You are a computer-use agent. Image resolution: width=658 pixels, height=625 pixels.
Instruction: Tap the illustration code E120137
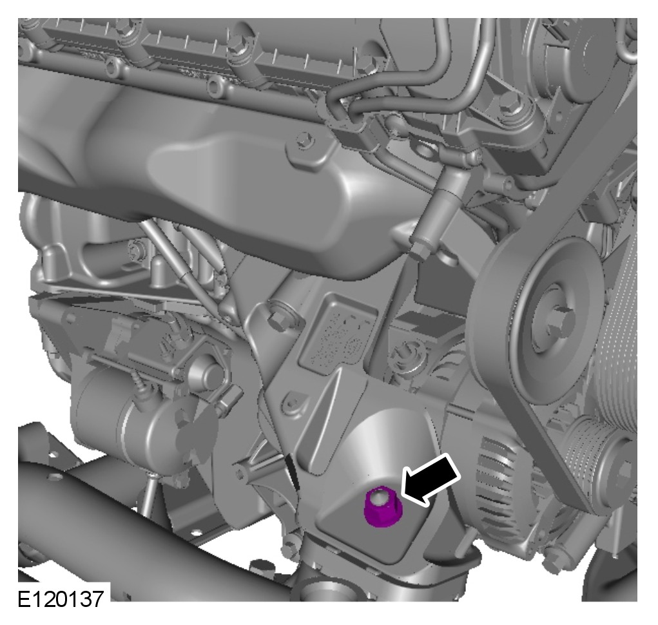tap(61, 599)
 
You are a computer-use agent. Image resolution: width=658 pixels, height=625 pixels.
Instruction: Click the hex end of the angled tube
tap(420, 251)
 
